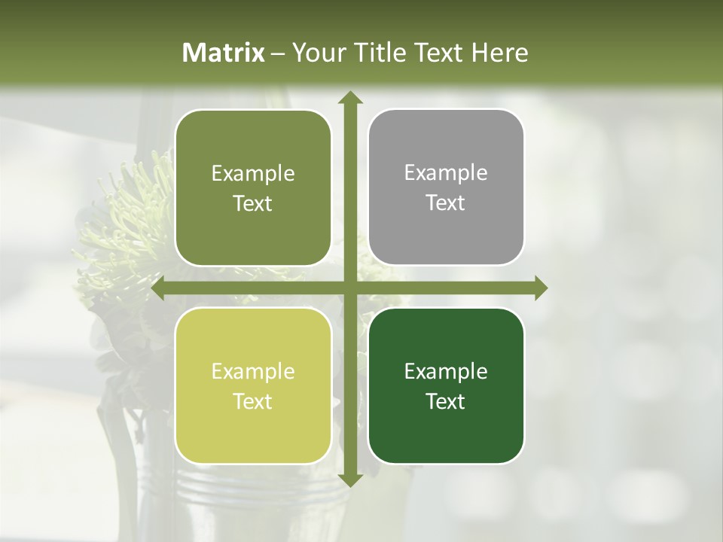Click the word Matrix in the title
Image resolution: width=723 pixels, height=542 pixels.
pyautogui.click(x=224, y=53)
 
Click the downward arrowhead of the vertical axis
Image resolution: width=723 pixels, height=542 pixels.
pyautogui.click(x=349, y=480)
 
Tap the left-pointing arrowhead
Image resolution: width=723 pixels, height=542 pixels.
pyautogui.click(x=158, y=288)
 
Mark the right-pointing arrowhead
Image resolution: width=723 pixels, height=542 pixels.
pyautogui.click(x=541, y=288)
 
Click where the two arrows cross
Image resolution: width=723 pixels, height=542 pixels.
pyautogui.click(x=349, y=288)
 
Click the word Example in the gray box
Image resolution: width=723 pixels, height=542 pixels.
pyautogui.click(x=446, y=173)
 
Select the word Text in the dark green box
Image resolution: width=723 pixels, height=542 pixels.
pyautogui.click(x=446, y=401)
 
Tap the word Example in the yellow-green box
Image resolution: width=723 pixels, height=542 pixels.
pyautogui.click(x=253, y=372)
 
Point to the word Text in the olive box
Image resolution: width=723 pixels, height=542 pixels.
pyautogui.click(x=253, y=203)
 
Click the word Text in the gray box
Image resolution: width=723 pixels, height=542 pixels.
pyautogui.click(x=446, y=203)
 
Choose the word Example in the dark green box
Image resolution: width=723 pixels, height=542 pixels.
pyautogui.click(x=446, y=372)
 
